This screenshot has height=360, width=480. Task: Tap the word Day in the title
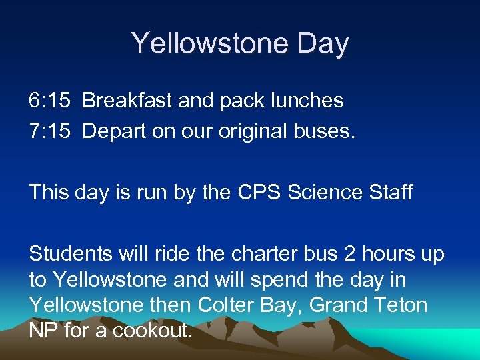(x=321, y=43)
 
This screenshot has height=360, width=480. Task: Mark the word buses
(x=327, y=131)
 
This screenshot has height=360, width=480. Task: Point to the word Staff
(x=391, y=193)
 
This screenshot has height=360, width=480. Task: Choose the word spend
(x=270, y=279)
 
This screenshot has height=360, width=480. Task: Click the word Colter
(x=223, y=305)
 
